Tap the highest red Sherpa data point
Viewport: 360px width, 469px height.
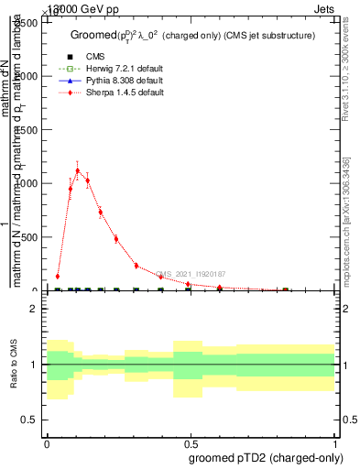(78, 170)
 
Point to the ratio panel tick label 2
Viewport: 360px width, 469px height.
(34, 309)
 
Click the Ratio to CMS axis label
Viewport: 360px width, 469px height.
(14, 365)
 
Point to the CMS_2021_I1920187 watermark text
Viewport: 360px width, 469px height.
(191, 274)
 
